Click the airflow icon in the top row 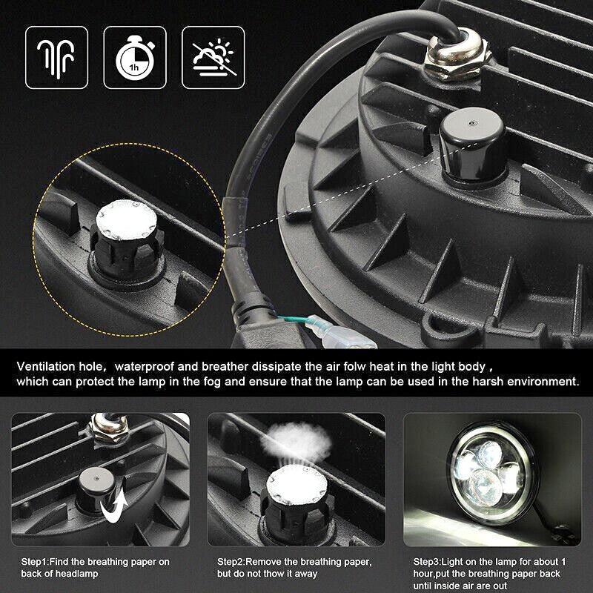[57, 58]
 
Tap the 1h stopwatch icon [135, 58]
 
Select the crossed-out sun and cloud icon [213, 58]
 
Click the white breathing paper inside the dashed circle [126, 220]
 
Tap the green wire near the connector [293, 319]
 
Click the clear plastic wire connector [340, 333]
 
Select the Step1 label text [96, 568]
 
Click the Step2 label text [294, 568]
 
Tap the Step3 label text [489, 574]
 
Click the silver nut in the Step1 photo [109, 429]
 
